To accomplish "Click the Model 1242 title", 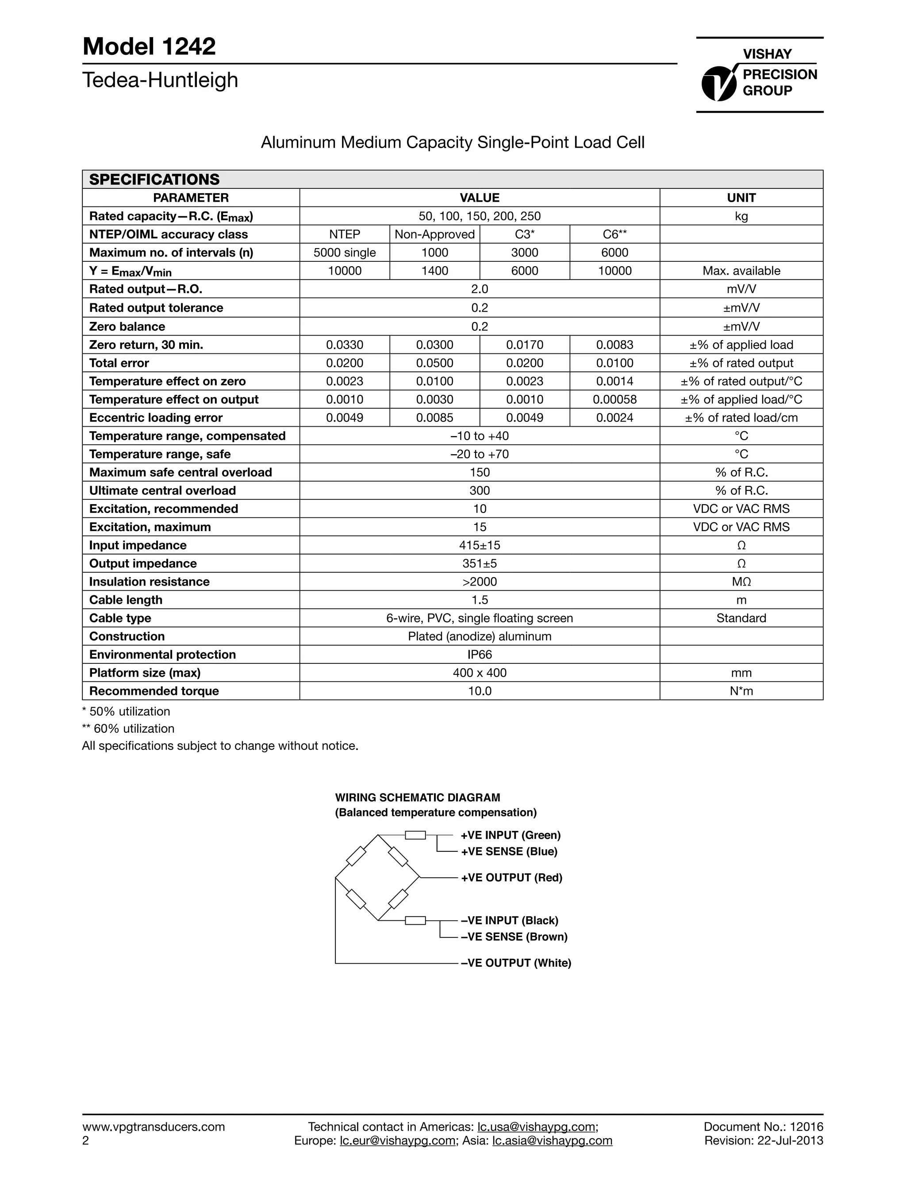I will (x=149, y=46).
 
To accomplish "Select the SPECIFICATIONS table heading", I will (x=154, y=179).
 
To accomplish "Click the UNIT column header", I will (x=741, y=198).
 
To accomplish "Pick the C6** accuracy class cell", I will (x=614, y=234).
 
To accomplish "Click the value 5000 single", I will (x=345, y=253).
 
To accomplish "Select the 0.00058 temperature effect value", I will (x=614, y=399).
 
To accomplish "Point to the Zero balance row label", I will (x=127, y=326).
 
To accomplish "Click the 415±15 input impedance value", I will (x=480, y=545).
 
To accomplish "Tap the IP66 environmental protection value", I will (x=480, y=654).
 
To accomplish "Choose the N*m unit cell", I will (x=741, y=691).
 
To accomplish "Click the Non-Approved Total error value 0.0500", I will (x=435, y=363).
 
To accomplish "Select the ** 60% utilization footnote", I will (x=128, y=729).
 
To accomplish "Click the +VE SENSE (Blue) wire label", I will (x=509, y=851).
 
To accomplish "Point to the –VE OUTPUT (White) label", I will (x=516, y=963).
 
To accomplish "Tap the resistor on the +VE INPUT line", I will (x=415, y=835).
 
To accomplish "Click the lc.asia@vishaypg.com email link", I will (x=553, y=1140).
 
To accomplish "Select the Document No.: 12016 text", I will (x=763, y=1126).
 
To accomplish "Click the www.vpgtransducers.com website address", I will (x=154, y=1126).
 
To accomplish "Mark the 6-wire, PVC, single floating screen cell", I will (x=480, y=618).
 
